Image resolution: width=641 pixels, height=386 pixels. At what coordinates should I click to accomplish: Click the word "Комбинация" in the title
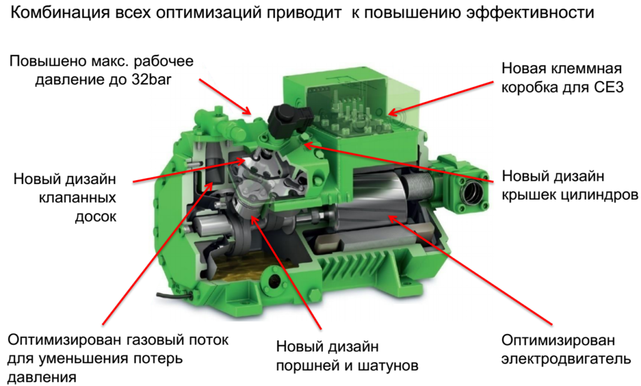(x=59, y=13)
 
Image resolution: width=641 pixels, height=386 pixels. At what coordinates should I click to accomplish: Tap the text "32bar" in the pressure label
(x=151, y=79)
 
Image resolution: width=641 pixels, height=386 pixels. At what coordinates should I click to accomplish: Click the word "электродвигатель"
(x=566, y=359)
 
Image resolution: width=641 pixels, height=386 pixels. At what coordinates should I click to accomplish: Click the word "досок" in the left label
(x=95, y=216)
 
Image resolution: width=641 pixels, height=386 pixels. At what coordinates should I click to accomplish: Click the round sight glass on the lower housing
(x=273, y=281)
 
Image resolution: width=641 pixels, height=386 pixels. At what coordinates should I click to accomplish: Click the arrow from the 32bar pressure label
(x=225, y=96)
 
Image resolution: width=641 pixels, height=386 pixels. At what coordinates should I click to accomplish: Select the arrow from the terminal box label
(x=441, y=98)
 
